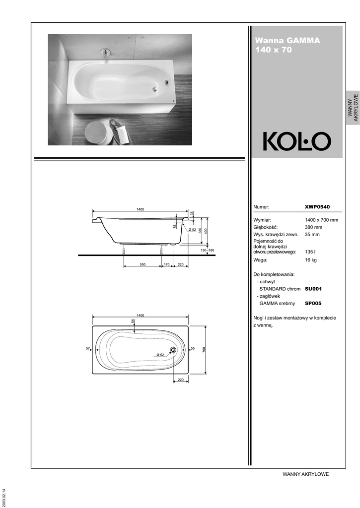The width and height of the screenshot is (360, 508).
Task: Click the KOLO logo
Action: click(x=297, y=141)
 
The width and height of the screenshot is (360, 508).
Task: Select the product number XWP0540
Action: click(x=317, y=207)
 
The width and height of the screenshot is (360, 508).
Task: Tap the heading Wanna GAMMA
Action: click(x=288, y=41)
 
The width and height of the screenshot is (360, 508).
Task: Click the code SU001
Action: click(x=313, y=289)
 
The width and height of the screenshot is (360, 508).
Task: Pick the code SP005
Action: click(x=313, y=303)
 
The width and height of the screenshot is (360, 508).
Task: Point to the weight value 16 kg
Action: click(x=311, y=260)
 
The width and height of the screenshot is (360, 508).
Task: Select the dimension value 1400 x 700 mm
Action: click(x=321, y=220)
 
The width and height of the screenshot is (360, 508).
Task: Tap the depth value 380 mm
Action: click(x=313, y=227)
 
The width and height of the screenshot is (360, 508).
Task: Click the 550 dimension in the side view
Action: click(x=143, y=264)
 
